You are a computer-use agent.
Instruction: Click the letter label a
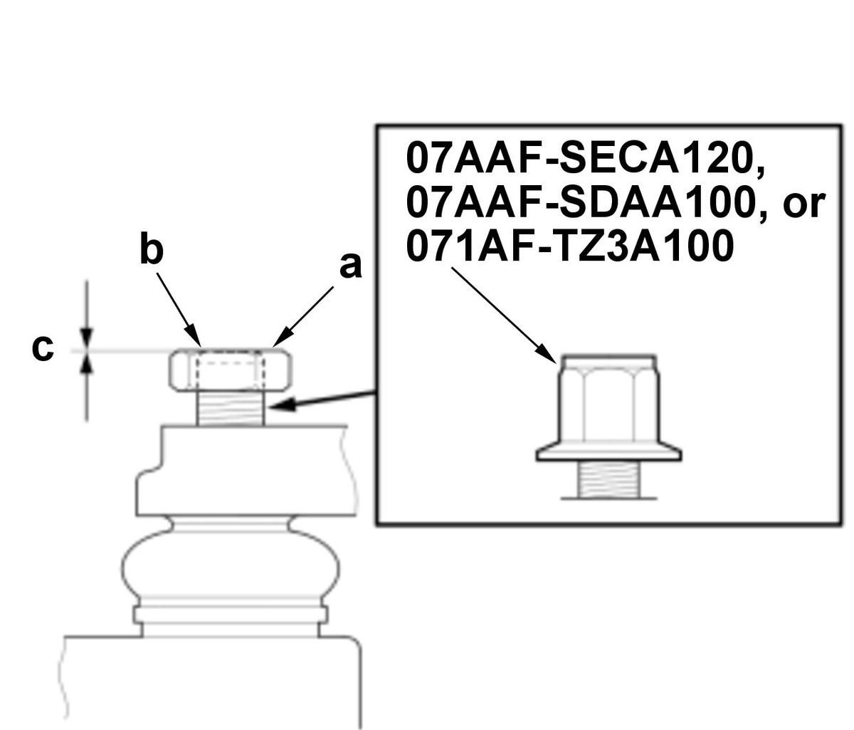[x=350, y=267]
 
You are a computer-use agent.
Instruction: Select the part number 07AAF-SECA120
[x=585, y=159]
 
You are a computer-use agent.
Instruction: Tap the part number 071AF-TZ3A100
[x=570, y=246]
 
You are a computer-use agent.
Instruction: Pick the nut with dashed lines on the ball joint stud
[x=230, y=370]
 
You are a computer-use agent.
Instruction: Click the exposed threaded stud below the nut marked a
[x=231, y=408]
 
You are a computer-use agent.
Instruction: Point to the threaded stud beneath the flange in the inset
[x=609, y=479]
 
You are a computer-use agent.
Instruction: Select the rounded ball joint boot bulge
[x=231, y=565]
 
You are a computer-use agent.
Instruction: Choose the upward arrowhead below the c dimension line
[x=86, y=363]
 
